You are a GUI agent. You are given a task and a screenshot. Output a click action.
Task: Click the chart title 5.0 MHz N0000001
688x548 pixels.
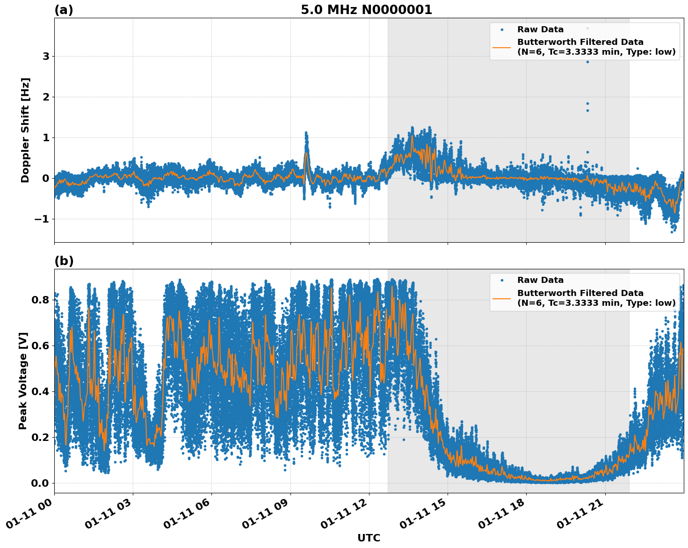click(366, 10)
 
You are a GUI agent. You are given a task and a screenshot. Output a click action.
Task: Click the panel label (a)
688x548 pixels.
click(64, 10)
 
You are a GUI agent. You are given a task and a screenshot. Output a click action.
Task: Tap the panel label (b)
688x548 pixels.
click(64, 261)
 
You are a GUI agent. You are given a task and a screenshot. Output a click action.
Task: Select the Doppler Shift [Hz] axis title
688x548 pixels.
click(25, 130)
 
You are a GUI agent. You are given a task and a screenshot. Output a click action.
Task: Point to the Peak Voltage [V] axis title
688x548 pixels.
click(23, 381)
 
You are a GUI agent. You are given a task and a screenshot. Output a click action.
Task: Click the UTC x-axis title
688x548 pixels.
click(369, 538)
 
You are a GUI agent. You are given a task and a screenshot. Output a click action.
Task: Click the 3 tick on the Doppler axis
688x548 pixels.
click(46, 57)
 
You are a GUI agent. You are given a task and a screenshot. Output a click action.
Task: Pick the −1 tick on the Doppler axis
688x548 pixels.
click(43, 219)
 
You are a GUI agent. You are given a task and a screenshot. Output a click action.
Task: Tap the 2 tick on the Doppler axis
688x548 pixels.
click(46, 97)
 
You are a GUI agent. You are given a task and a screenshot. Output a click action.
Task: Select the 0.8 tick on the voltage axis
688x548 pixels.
click(40, 300)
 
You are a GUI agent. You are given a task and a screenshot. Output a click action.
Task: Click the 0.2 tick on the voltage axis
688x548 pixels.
click(40, 437)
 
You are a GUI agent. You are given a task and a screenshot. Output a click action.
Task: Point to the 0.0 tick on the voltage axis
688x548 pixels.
click(40, 483)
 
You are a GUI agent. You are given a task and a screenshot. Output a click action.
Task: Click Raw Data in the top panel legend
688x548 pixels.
click(540, 29)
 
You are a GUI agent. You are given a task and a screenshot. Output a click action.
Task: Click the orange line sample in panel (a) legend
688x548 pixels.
click(502, 47)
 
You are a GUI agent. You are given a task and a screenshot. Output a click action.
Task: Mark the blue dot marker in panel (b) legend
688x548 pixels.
click(502, 280)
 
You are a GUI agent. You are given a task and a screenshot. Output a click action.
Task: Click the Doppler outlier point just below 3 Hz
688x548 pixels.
click(588, 62)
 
